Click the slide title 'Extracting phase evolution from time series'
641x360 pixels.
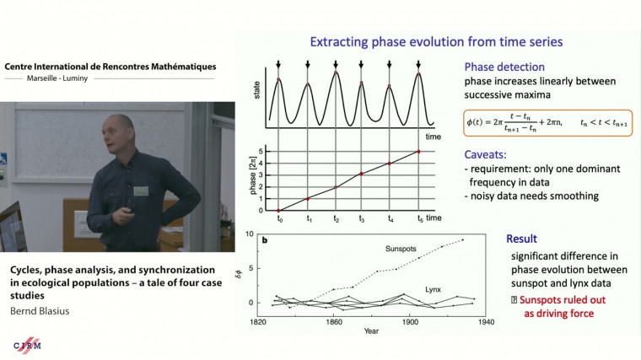(436, 41)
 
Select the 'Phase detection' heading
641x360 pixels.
(504, 66)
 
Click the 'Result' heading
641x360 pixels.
(521, 239)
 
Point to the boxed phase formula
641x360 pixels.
(549, 122)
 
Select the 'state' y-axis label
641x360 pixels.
(258, 94)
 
